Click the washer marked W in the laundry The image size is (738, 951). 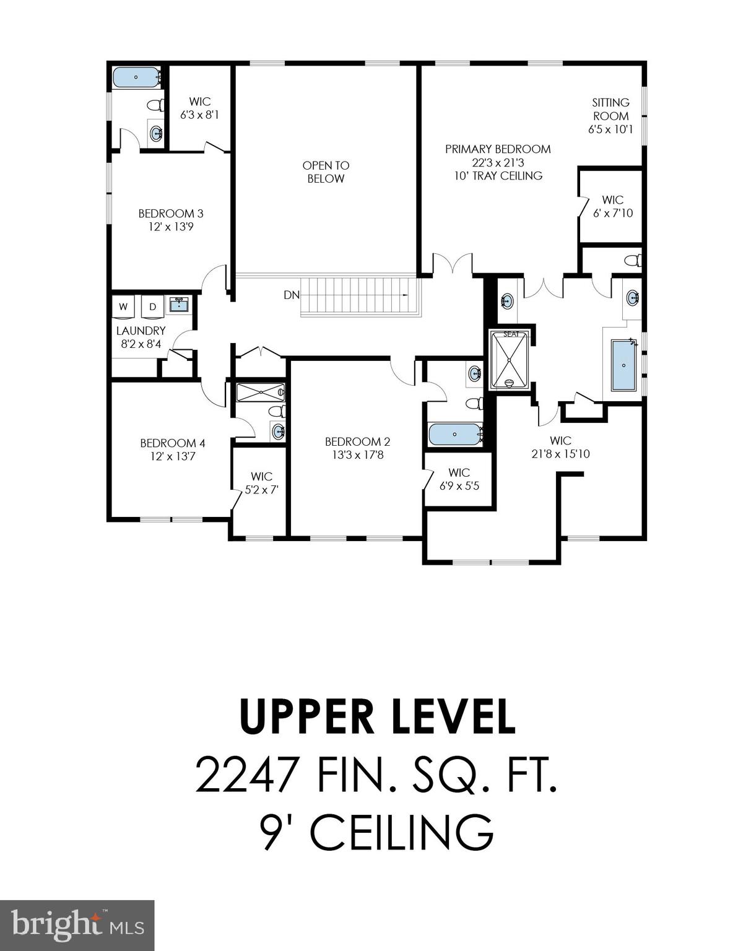pos(123,307)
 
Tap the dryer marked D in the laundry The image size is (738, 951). pos(152,307)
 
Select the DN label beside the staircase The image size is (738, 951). pos(292,295)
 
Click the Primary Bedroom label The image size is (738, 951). pos(498,149)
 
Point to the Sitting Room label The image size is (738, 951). pos(610,110)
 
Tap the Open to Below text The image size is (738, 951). pos(326,172)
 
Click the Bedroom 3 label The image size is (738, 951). pos(171,214)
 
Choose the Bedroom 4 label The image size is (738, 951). pos(172,443)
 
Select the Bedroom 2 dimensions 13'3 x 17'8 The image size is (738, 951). pos(357,455)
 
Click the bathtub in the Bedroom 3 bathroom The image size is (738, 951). pos(135,77)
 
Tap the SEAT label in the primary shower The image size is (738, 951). pos(511,334)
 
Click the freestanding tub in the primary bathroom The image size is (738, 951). pos(623,365)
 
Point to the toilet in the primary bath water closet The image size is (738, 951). pos(632,261)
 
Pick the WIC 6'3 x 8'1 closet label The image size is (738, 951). pos(199,108)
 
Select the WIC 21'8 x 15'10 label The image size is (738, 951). pos(560,447)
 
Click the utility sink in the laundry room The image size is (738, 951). pos(178,303)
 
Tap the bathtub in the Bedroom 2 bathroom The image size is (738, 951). pos(455,434)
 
